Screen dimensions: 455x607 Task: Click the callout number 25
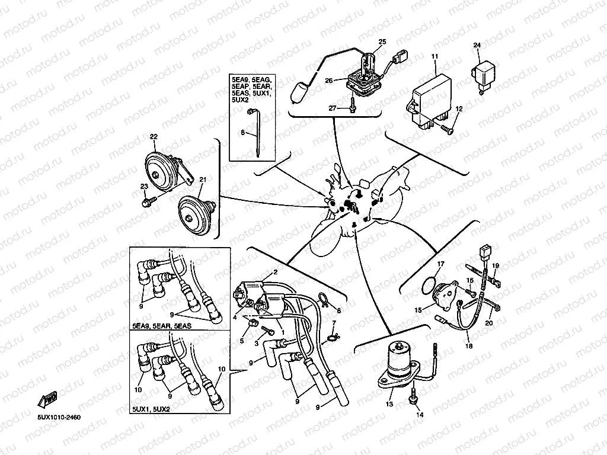pyautogui.click(x=382, y=41)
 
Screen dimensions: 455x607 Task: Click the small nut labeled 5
pyautogui.click(x=252, y=323)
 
